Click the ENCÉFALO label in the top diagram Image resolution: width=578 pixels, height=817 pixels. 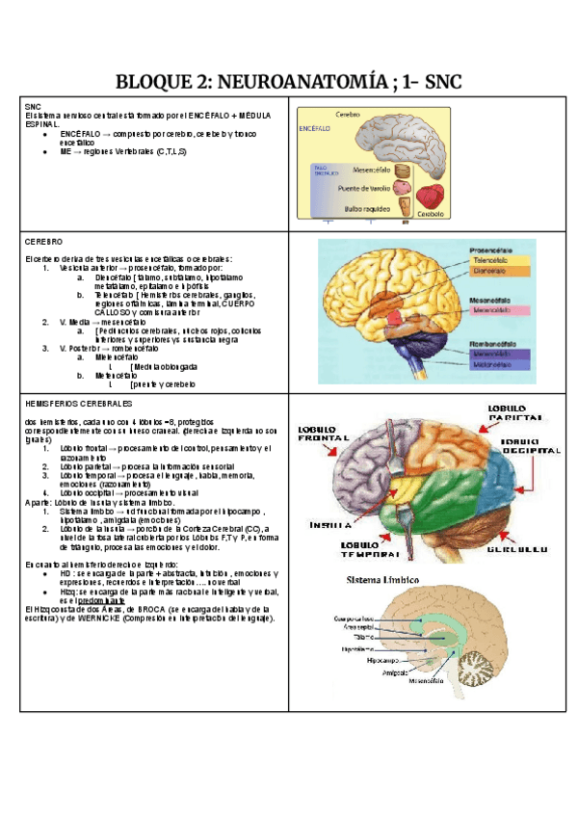click(x=315, y=128)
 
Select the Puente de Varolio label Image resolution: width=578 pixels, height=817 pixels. click(x=367, y=189)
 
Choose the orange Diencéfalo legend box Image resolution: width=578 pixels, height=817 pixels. click(x=498, y=272)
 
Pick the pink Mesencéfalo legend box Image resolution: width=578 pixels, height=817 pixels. click(x=498, y=310)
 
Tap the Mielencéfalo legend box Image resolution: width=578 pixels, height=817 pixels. click(x=498, y=365)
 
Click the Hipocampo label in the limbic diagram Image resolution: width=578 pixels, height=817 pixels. click(x=382, y=662)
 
